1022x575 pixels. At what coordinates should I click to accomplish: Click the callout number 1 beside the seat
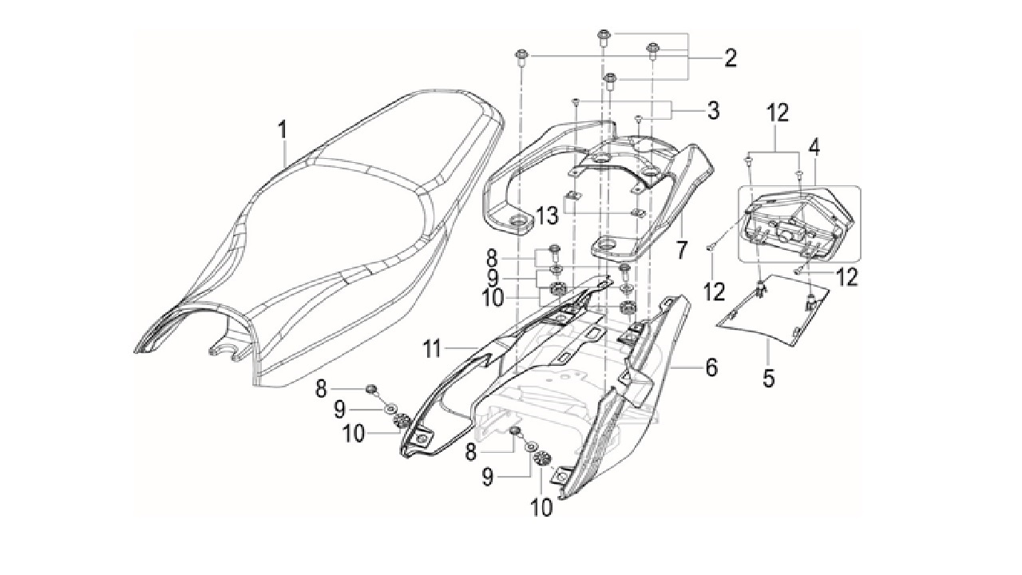click(283, 130)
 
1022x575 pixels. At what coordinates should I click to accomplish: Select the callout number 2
click(731, 58)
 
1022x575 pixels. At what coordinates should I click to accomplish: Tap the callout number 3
click(713, 110)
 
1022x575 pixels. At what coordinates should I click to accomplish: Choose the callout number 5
click(769, 378)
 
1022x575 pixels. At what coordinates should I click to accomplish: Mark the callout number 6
click(711, 367)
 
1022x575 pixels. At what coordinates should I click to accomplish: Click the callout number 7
click(681, 251)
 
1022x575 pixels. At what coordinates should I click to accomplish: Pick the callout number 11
click(433, 350)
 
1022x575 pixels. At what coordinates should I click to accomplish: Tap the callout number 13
click(547, 215)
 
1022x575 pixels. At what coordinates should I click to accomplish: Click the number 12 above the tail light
click(778, 113)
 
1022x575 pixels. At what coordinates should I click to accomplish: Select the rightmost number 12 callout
click(847, 277)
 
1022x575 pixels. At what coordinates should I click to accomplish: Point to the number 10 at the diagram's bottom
click(541, 507)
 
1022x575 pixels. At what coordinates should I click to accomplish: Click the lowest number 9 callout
click(488, 478)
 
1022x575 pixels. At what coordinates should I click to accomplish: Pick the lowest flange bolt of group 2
click(609, 81)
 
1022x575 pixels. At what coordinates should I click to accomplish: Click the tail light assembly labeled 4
click(798, 224)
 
